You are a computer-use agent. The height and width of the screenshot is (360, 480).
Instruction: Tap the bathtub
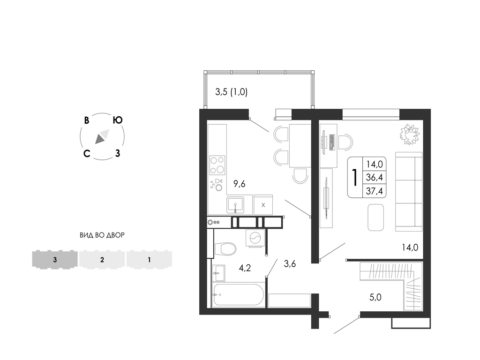[x=238, y=294]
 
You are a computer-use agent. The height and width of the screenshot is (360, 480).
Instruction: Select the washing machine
[x=255, y=237]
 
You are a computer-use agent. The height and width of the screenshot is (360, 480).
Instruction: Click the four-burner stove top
[x=217, y=165]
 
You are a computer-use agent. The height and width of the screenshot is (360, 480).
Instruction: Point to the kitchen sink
[x=235, y=205]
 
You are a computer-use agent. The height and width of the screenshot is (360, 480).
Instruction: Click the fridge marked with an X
[x=263, y=204]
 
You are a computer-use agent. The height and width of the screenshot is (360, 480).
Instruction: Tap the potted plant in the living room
[x=409, y=134]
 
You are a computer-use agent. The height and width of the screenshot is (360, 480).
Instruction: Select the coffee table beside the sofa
[x=375, y=217]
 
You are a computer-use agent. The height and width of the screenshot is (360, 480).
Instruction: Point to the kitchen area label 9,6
[x=240, y=184]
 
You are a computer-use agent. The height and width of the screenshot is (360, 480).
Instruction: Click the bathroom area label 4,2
[x=245, y=268]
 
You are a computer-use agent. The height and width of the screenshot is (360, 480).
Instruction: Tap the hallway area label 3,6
[x=290, y=263]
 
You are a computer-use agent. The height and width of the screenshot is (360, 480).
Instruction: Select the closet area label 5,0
[x=375, y=297]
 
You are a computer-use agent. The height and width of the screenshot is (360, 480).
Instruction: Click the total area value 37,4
[x=374, y=191]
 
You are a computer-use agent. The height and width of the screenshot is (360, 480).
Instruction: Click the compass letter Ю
[x=118, y=120]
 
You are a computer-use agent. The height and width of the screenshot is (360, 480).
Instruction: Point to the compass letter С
[x=87, y=153]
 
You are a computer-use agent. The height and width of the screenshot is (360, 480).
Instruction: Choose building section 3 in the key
[x=55, y=260]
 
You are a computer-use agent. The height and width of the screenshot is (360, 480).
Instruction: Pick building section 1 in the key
[x=149, y=260]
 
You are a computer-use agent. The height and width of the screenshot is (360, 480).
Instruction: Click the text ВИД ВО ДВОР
[x=102, y=235]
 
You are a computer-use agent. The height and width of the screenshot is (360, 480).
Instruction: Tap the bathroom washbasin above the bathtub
[x=219, y=273]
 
